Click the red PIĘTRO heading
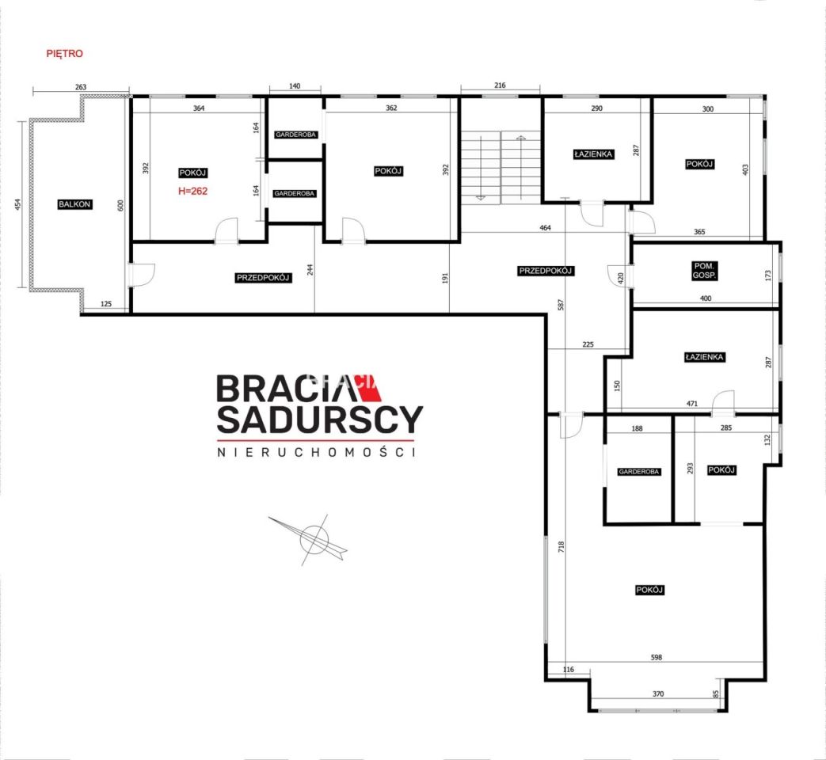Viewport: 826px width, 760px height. pyautogui.click(x=64, y=54)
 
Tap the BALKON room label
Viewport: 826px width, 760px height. pyautogui.click(x=74, y=204)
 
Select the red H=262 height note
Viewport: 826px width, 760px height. pyautogui.click(x=192, y=191)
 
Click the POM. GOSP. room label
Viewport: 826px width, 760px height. pyautogui.click(x=704, y=271)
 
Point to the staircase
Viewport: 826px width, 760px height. pyautogui.click(x=501, y=167)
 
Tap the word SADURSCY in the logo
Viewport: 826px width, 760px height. pyautogui.click(x=320, y=420)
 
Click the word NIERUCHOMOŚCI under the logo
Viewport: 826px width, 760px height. pyautogui.click(x=317, y=452)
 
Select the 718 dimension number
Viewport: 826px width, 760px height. pyautogui.click(x=561, y=546)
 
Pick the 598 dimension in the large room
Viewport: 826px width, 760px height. pyautogui.click(x=657, y=657)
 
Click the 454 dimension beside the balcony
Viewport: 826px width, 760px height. pyautogui.click(x=18, y=204)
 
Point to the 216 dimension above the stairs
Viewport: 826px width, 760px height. pyautogui.click(x=500, y=85)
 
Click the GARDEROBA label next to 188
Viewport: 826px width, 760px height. pyautogui.click(x=638, y=472)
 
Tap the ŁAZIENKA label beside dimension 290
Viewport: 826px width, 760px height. pyautogui.click(x=593, y=154)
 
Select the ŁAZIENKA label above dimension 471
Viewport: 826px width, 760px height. pyautogui.click(x=704, y=357)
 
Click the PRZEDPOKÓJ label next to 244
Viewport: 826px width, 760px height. pyautogui.click(x=263, y=278)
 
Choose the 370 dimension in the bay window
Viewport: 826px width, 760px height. pyautogui.click(x=658, y=694)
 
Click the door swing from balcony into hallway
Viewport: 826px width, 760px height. pyautogui.click(x=143, y=275)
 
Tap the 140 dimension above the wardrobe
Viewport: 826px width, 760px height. pyautogui.click(x=295, y=85)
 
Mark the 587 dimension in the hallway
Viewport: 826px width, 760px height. pyautogui.click(x=561, y=305)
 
